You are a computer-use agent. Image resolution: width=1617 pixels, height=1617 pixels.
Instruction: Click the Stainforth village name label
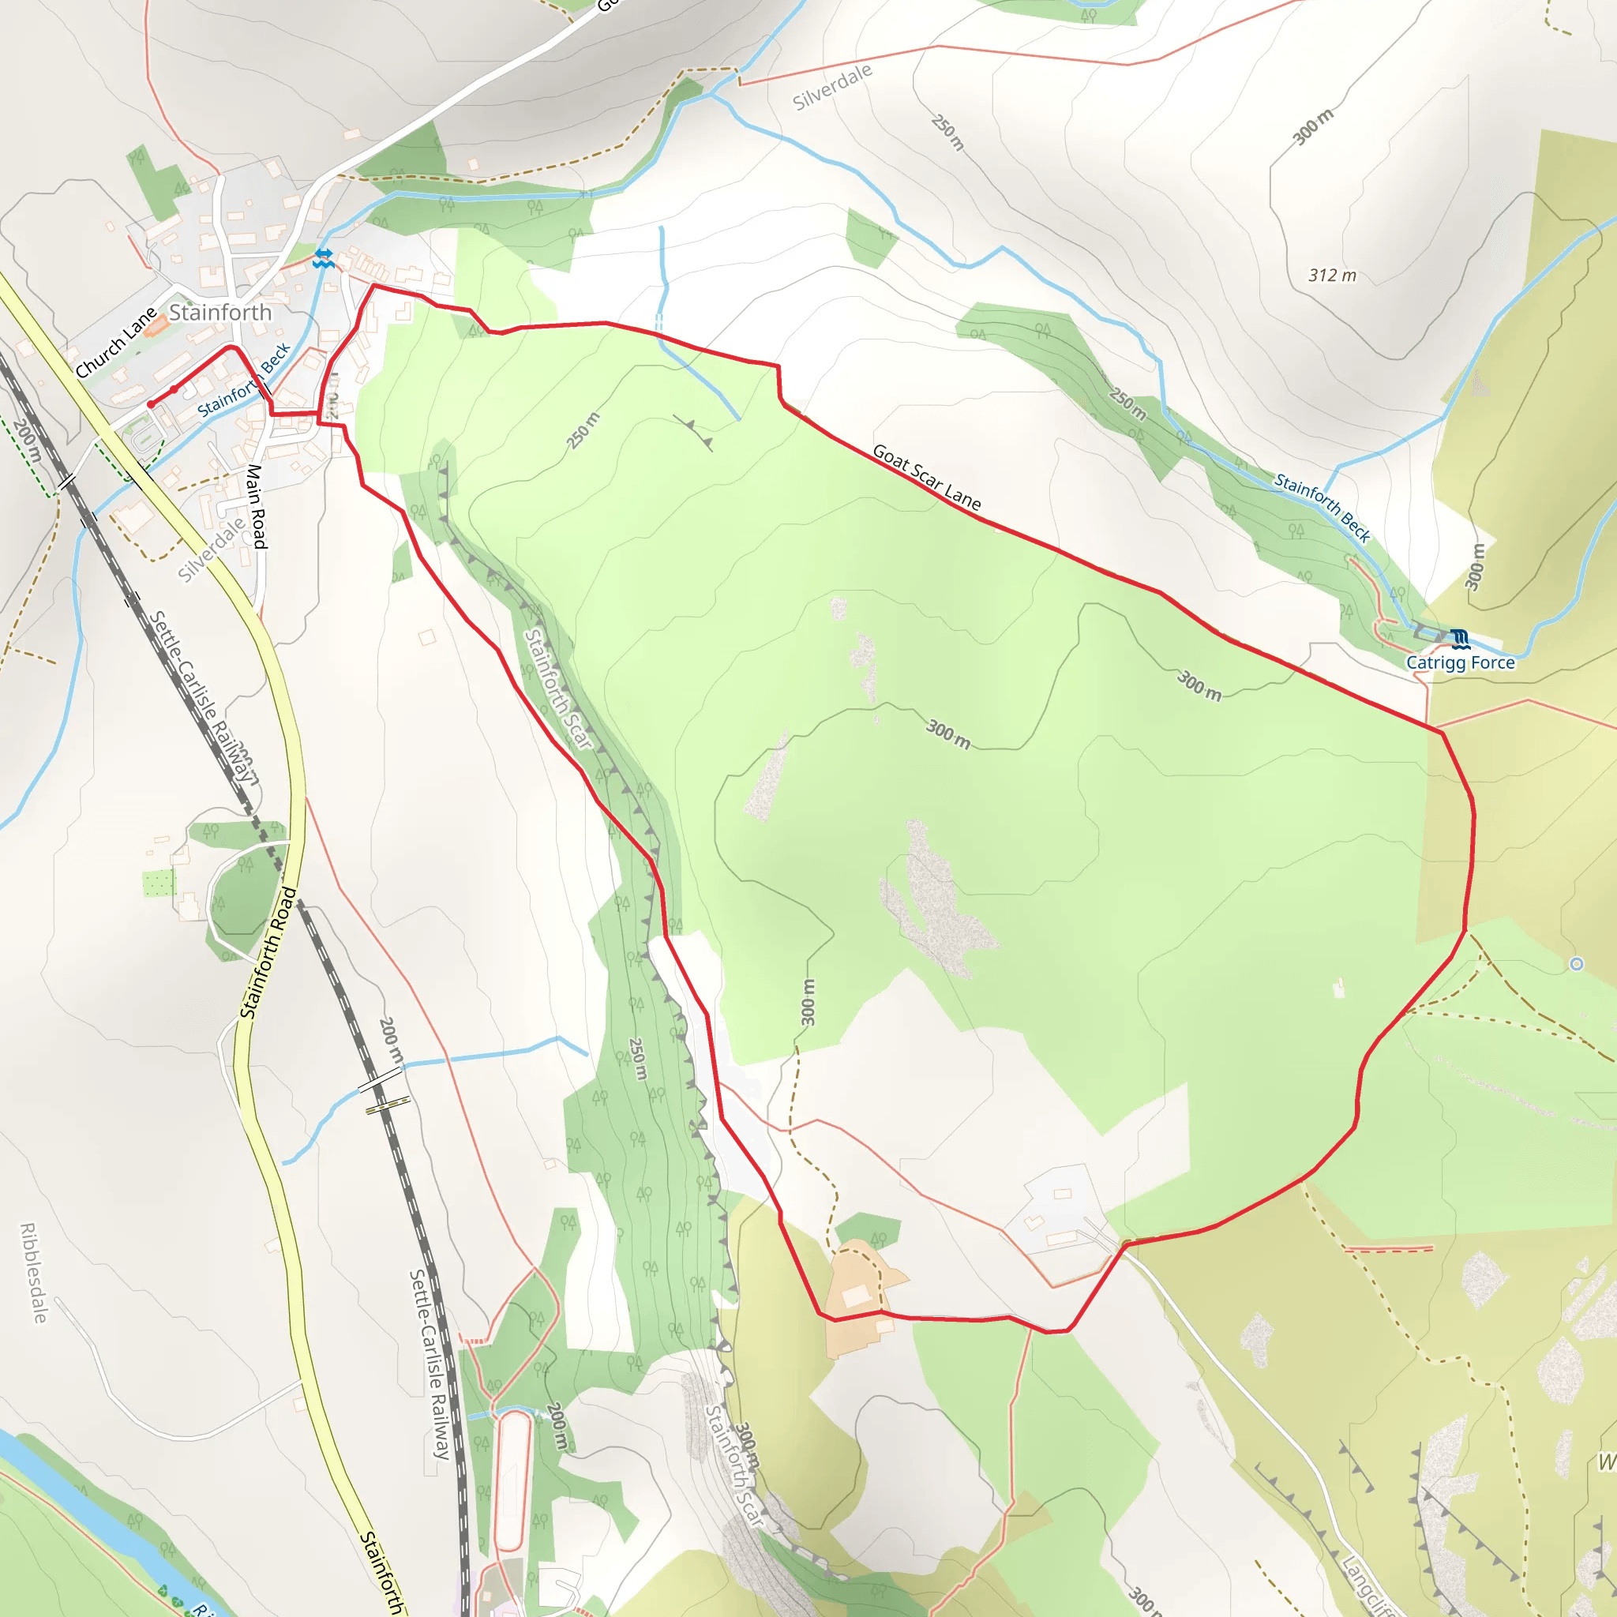[220, 313]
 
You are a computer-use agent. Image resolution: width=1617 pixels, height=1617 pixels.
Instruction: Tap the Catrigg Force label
[1460, 662]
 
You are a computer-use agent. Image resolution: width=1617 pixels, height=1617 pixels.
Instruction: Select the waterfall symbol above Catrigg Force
[1461, 640]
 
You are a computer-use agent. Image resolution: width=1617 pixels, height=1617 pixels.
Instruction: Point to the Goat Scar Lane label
[925, 477]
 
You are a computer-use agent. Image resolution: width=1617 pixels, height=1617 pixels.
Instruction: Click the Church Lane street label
[115, 343]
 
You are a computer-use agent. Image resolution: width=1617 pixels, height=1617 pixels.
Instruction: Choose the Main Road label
[256, 506]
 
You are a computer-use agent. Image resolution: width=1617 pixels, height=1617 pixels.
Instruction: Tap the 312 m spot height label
[1333, 276]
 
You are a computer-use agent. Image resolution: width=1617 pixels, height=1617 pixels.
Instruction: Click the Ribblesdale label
[33, 1273]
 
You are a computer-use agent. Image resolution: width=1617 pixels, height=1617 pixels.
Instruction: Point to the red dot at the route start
[151, 404]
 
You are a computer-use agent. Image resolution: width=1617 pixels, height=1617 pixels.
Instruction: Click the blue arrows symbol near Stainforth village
[323, 259]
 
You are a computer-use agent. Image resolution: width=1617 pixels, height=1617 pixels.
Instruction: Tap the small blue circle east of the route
[1576, 964]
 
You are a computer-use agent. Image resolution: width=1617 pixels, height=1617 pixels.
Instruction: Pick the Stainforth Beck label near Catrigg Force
[1322, 507]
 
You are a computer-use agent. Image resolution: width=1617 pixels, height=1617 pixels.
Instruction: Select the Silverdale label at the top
[832, 87]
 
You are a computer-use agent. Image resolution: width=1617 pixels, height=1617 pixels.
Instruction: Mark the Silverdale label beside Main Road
[212, 548]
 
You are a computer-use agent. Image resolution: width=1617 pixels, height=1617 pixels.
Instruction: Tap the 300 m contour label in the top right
[1312, 126]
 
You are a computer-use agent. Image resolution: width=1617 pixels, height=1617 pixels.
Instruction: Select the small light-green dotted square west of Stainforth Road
[158, 883]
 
